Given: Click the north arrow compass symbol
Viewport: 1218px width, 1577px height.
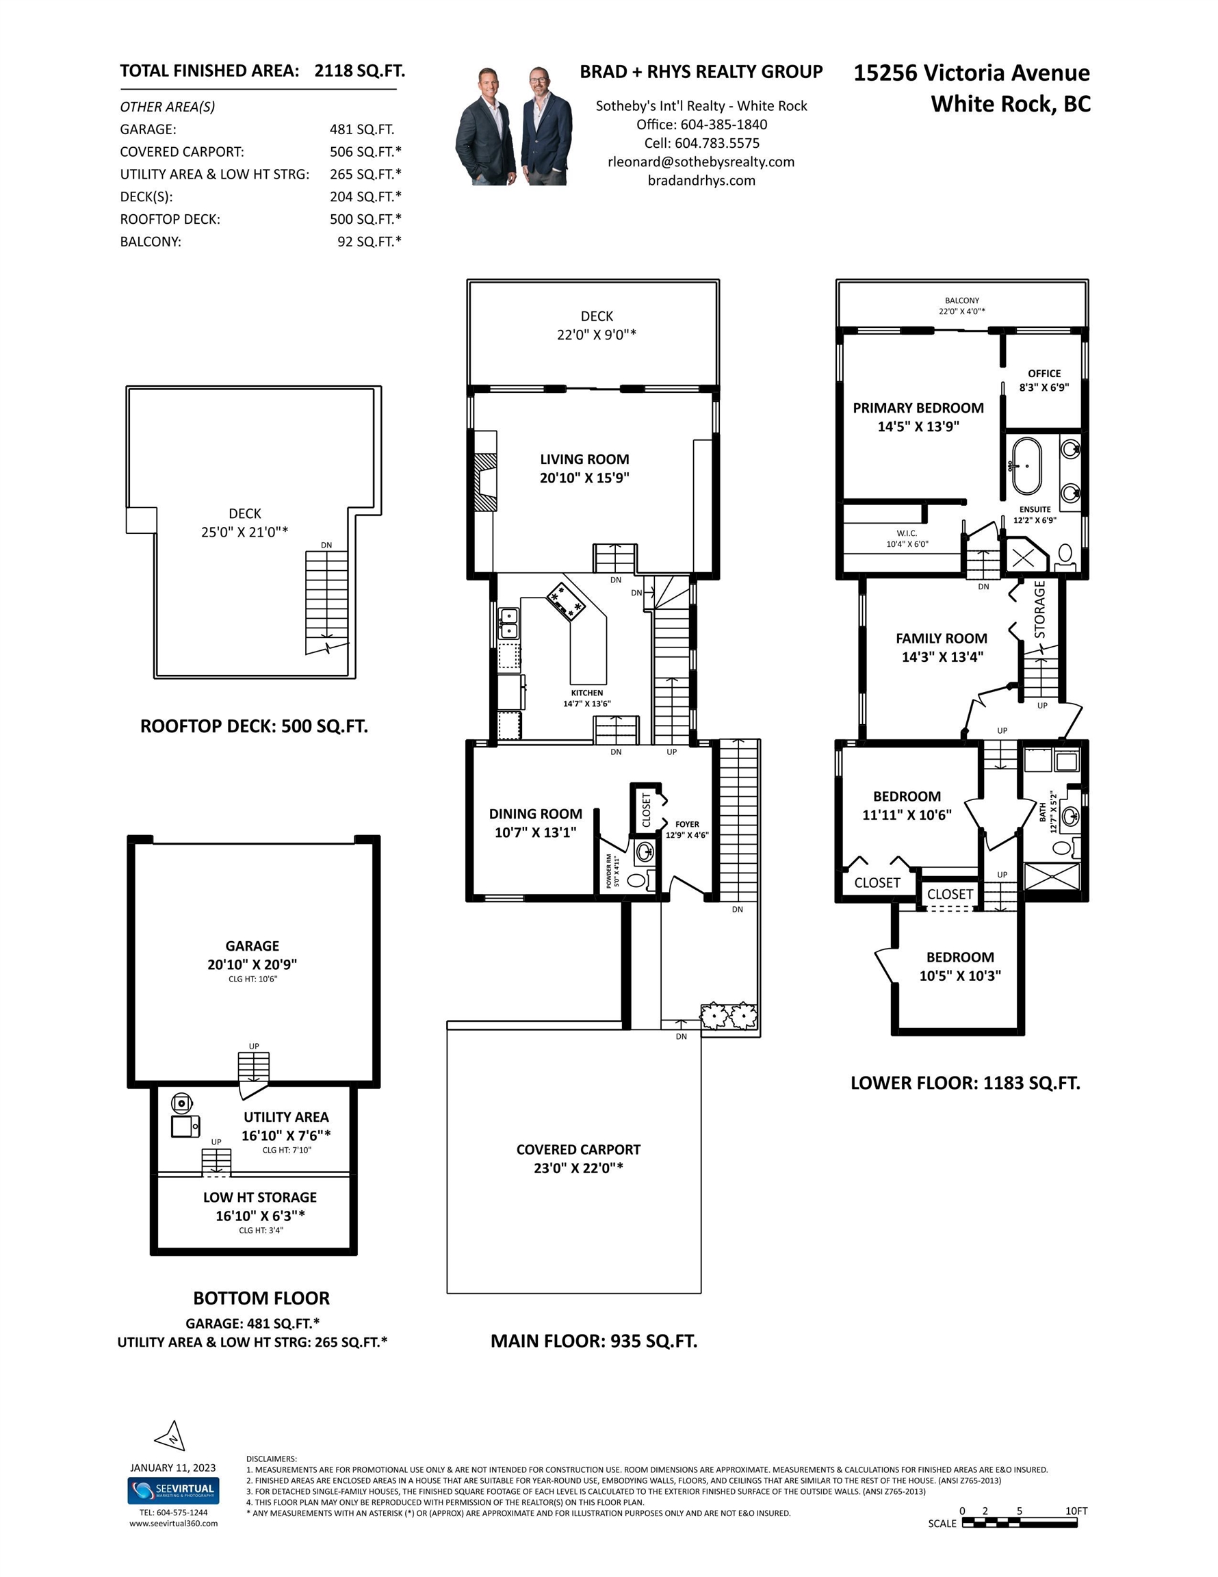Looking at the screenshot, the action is [x=171, y=1436].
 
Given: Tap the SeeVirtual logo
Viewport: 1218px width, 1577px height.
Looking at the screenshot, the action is [x=173, y=1489].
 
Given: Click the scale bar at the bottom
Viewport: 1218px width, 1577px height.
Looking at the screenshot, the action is [x=1019, y=1523].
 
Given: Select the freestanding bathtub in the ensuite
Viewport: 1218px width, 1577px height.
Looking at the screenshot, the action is [x=1026, y=465].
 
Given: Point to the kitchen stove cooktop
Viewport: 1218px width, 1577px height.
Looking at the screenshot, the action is [x=565, y=601].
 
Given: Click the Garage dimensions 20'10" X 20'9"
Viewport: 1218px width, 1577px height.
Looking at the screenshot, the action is [x=252, y=964].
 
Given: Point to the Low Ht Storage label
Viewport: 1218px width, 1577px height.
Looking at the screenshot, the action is [x=260, y=1197].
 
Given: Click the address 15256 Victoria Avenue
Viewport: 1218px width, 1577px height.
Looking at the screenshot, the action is [x=972, y=73].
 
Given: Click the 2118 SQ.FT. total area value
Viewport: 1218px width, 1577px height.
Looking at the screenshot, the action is [x=359, y=70].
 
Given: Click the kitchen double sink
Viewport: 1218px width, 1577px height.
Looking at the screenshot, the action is [x=508, y=623].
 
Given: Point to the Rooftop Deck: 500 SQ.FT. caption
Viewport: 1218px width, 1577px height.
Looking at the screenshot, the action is [x=254, y=726].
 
